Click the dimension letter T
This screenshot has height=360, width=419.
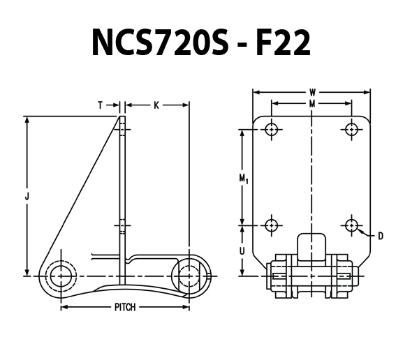pos(101,105)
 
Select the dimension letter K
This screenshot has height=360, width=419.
pos(156,105)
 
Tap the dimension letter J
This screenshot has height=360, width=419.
pos(27,197)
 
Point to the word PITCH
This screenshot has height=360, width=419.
pos(125,307)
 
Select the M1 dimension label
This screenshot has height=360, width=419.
pos(244,179)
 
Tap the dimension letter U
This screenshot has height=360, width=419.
pos(242,250)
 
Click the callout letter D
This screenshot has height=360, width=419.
pos(381,236)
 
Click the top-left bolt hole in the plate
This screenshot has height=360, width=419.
pos(272,129)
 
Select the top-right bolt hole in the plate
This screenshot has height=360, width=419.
pos(351,129)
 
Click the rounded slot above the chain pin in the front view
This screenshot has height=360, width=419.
pos(311,246)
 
